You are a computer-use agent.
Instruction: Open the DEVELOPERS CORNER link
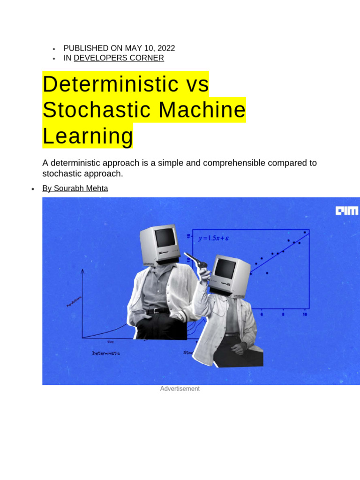tap(119, 58)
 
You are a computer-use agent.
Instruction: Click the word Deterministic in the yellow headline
tap(107, 84)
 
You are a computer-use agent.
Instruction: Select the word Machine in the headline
tap(202, 110)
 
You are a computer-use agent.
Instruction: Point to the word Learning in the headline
tap(88, 136)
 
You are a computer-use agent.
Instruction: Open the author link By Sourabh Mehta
tap(75, 188)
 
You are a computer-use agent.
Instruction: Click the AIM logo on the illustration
tap(346, 211)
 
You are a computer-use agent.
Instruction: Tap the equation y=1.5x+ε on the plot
tap(213, 238)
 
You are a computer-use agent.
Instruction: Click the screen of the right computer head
tap(225, 269)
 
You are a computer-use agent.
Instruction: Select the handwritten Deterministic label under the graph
tap(106, 353)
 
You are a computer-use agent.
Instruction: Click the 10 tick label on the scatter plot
tap(305, 315)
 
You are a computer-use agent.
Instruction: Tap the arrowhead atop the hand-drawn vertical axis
tap(82, 270)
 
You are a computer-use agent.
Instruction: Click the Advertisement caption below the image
tap(180, 389)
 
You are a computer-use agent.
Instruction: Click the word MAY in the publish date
tap(134, 48)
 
